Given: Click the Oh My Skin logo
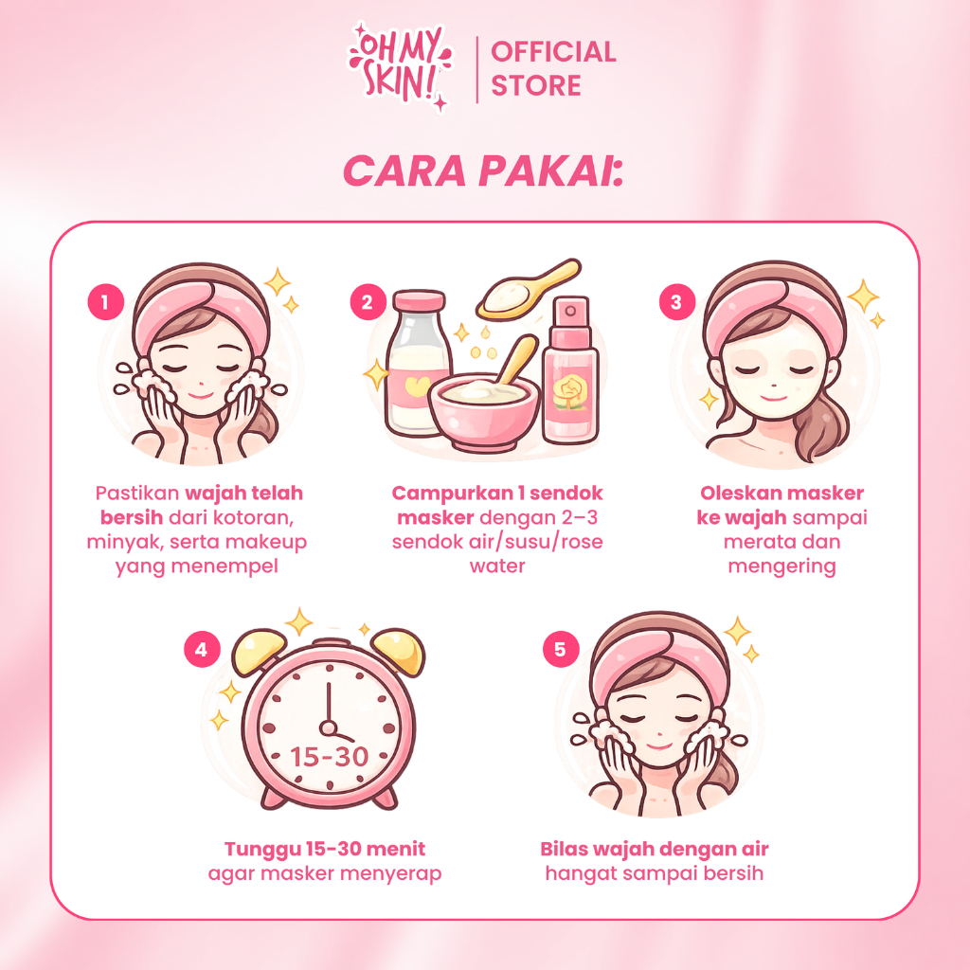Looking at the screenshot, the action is pyautogui.click(x=401, y=67).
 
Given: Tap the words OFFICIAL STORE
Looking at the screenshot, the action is pyautogui.click(x=553, y=68).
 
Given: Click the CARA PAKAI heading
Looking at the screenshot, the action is pyautogui.click(x=483, y=171).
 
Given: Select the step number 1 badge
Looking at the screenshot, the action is pyautogui.click(x=106, y=302).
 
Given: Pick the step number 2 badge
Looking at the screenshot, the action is pyautogui.click(x=368, y=302).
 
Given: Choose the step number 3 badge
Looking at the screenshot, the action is pyautogui.click(x=677, y=302).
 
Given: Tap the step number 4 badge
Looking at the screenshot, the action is pyautogui.click(x=203, y=650).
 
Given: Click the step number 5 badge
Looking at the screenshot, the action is pyautogui.click(x=561, y=650).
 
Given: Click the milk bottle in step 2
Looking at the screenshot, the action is pyautogui.click(x=416, y=363).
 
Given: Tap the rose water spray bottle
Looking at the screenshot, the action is pyautogui.click(x=570, y=370).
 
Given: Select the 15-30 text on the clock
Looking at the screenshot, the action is pyautogui.click(x=329, y=757).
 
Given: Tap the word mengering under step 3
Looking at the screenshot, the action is pyautogui.click(x=781, y=566).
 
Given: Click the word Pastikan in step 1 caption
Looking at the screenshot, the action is pyautogui.click(x=136, y=493).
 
